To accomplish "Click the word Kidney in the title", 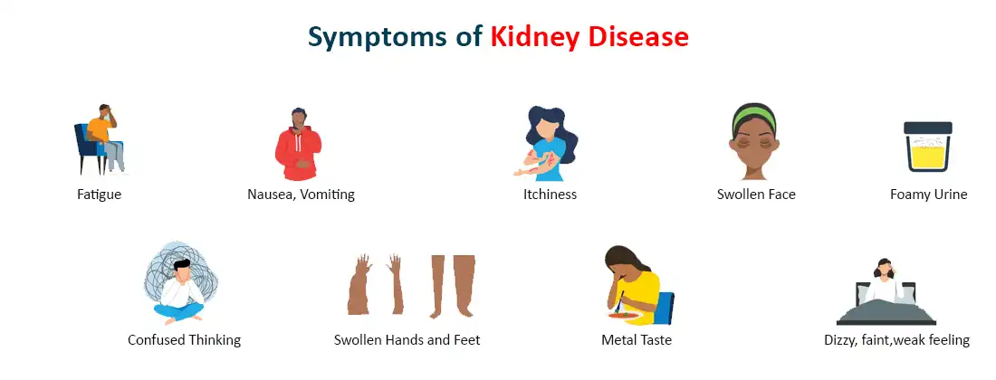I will [536, 36].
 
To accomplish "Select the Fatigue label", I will [99, 194].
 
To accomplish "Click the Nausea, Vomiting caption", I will [301, 194].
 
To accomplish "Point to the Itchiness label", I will [550, 194].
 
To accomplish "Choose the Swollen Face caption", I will [756, 194].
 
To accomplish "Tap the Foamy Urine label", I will [928, 194].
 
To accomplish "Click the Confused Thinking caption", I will [184, 340].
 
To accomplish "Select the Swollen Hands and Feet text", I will [407, 340].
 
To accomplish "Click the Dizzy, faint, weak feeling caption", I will [896, 340].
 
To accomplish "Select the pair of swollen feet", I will [452, 285].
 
